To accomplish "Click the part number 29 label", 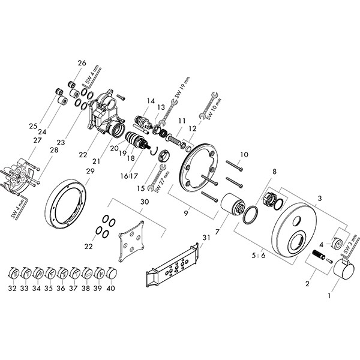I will point(91,172).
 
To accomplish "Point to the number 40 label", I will point(111,288).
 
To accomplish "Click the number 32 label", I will point(13,288).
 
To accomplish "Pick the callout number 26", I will point(82,63).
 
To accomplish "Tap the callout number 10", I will point(244,155).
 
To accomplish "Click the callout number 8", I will point(274,172).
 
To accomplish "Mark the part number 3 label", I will point(320,198).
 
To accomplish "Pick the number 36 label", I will point(61,288).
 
